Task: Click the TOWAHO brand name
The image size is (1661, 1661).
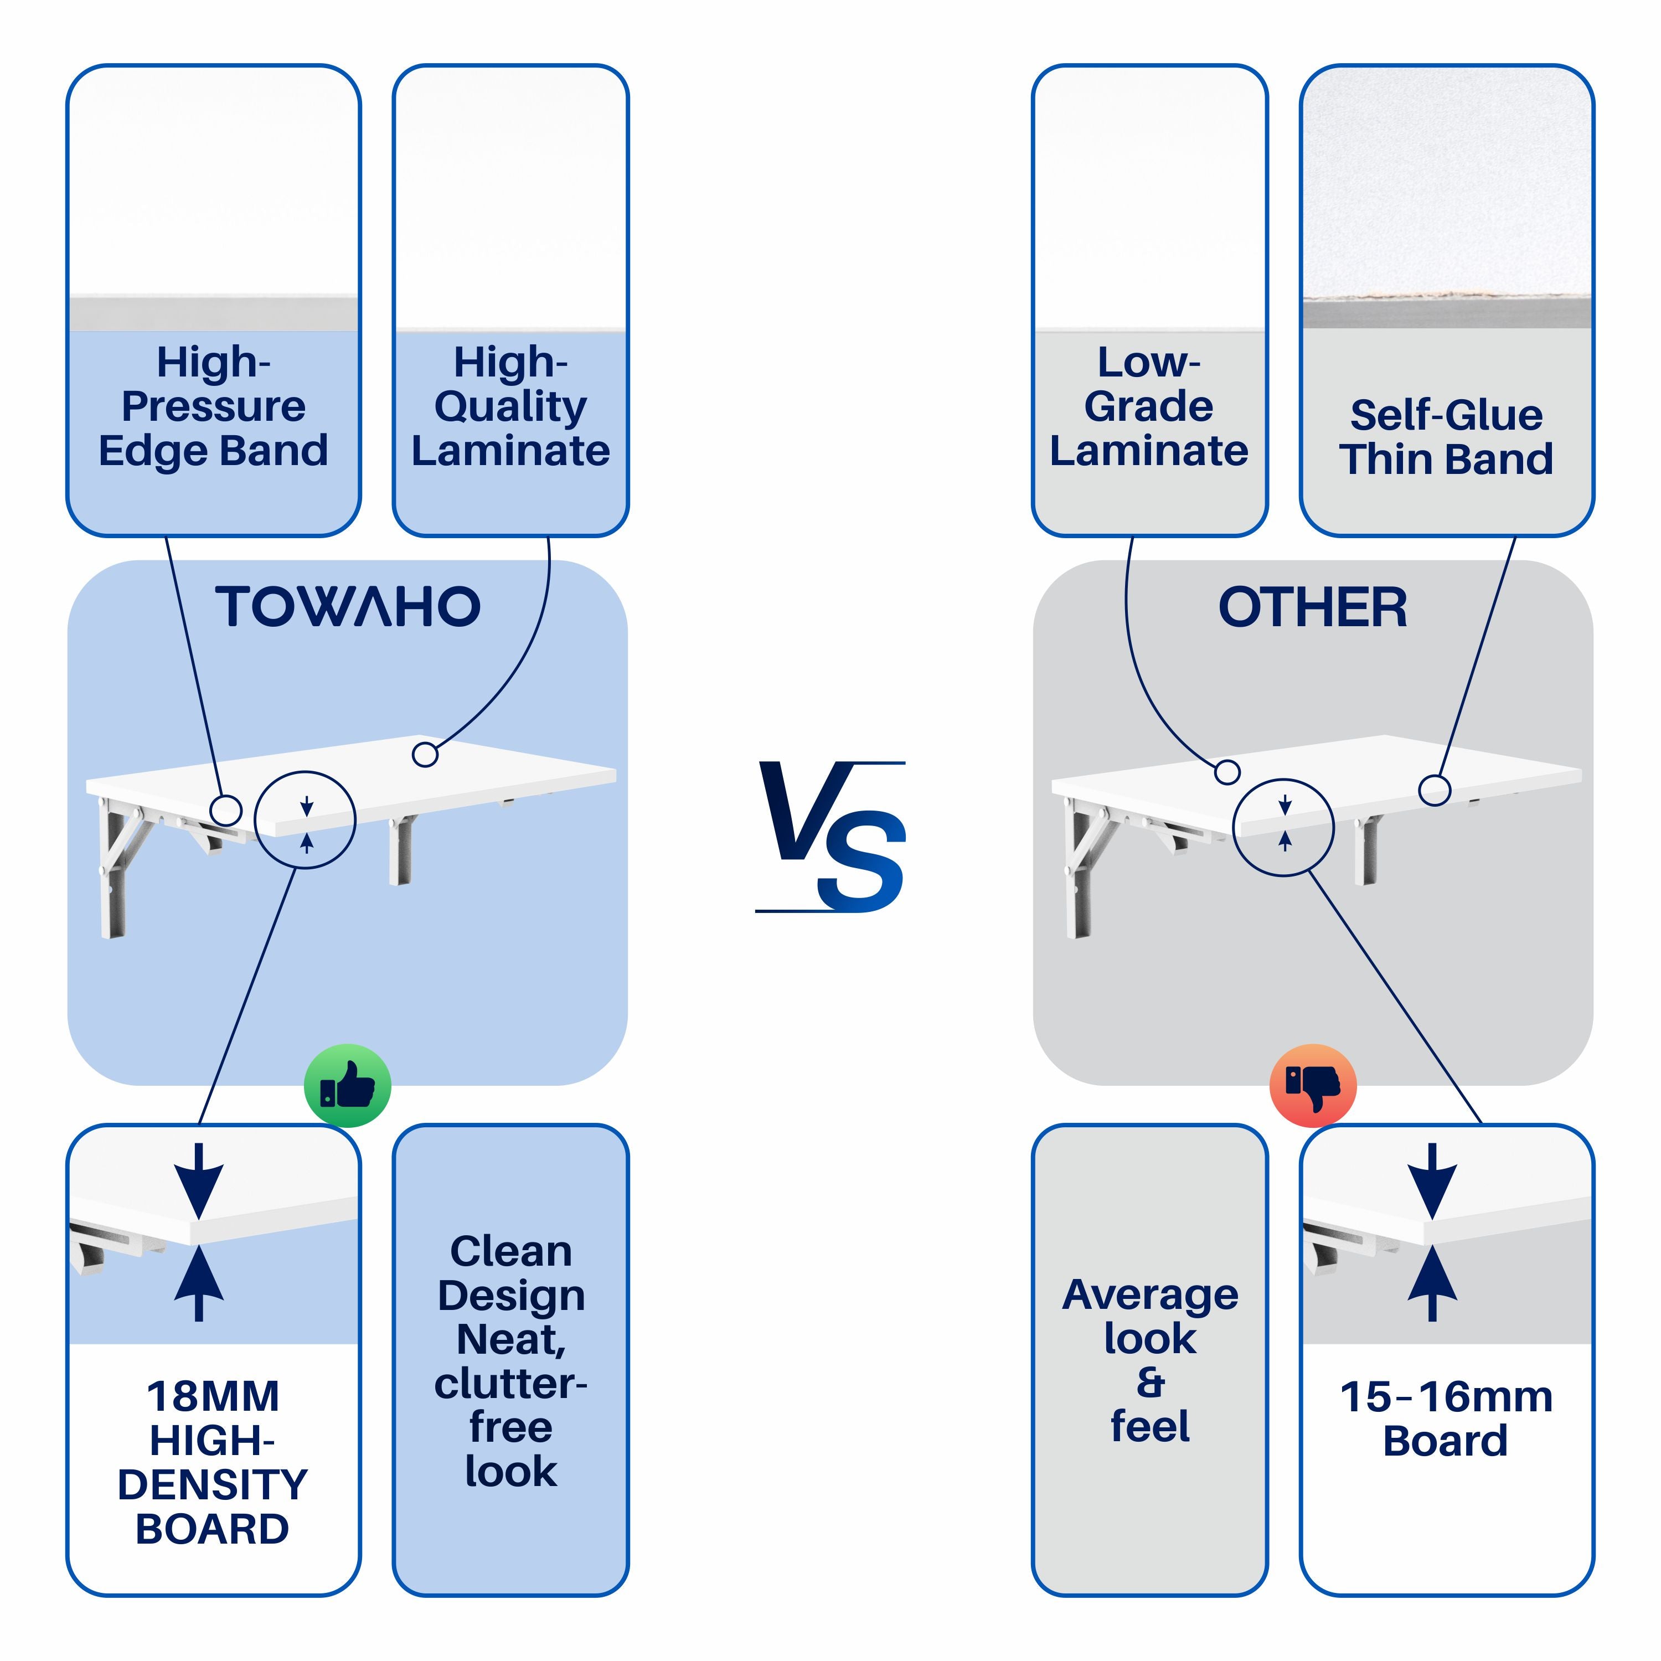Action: point(347,607)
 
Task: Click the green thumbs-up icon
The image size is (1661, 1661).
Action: point(347,1086)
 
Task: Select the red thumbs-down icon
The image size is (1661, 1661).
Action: point(1313,1086)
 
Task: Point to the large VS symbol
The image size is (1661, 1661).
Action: point(832,837)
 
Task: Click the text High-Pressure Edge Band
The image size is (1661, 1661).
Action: point(213,406)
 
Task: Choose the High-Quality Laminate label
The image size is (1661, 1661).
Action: point(510,406)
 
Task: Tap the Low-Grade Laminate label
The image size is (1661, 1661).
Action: point(1149,406)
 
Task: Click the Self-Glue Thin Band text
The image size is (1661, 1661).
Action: point(1446,437)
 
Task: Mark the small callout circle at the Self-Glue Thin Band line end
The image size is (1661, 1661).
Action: point(1434,790)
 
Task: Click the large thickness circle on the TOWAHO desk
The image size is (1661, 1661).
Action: point(305,819)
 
